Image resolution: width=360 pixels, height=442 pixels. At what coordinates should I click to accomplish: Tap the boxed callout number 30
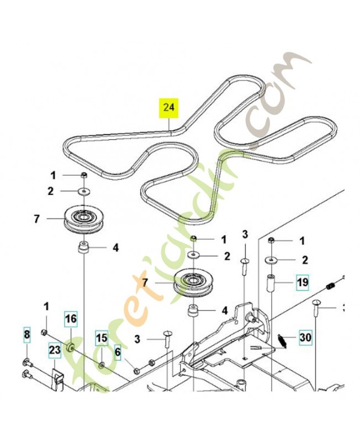click(x=305, y=336)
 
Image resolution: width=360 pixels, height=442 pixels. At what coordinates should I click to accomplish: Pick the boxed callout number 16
click(x=71, y=319)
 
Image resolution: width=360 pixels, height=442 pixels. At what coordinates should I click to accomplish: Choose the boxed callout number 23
click(x=54, y=350)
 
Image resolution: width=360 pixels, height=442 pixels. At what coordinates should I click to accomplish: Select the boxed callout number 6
click(x=26, y=335)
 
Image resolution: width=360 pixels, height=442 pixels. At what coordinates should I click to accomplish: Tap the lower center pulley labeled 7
click(x=193, y=282)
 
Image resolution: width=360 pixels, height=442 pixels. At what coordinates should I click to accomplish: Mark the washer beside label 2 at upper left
click(x=83, y=191)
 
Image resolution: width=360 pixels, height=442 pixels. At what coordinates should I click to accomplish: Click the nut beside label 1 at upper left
click(x=83, y=176)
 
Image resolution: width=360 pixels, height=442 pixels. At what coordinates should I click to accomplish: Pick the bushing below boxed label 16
click(x=71, y=349)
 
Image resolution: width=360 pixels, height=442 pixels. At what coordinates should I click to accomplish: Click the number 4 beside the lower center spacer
click(x=225, y=311)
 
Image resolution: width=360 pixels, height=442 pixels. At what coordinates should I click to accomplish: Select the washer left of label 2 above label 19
click(x=272, y=260)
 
